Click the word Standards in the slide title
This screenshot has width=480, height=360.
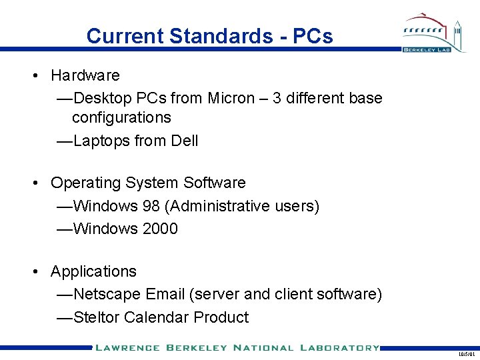pos(220,36)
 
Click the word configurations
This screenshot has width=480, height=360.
pos(121,118)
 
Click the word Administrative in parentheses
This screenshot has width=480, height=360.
pos(219,206)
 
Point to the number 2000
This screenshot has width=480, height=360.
pos(160,229)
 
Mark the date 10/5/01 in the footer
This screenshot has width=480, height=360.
pos(466,355)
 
